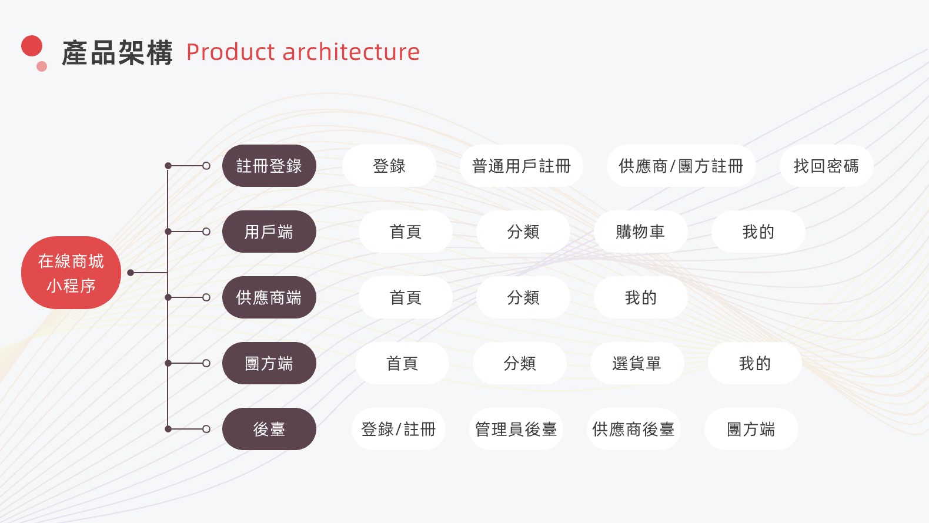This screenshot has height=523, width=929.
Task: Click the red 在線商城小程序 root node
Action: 71,273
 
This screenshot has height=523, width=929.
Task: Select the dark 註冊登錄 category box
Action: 269,166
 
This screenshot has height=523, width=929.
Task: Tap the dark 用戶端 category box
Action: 269,232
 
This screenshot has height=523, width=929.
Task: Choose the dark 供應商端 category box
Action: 269,297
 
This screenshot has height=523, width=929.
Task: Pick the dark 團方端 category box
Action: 269,363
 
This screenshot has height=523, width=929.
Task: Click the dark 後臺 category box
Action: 269,429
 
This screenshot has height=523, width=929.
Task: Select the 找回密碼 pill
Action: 826,166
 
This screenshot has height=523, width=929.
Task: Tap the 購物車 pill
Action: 640,232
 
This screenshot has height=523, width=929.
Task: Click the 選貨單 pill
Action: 637,363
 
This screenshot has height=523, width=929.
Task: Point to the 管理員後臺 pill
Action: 516,429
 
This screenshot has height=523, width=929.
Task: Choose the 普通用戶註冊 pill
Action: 522,166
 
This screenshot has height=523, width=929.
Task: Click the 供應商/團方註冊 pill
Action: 681,166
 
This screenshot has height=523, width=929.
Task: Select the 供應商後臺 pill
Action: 633,429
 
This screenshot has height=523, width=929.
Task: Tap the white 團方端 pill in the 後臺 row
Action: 751,429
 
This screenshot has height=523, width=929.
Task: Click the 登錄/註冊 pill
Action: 399,429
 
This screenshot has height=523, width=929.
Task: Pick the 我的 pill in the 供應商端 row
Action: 640,297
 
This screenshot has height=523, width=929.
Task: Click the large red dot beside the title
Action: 32,46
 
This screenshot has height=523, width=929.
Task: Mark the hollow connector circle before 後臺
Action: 206,429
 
